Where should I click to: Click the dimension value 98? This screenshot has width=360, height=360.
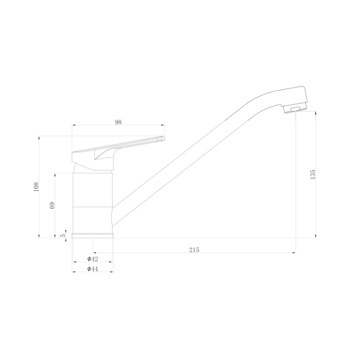click(x=118, y=122)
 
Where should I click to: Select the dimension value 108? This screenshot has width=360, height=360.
click(x=36, y=187)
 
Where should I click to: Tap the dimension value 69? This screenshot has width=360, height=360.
click(x=52, y=205)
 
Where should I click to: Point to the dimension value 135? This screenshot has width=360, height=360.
click(x=313, y=175)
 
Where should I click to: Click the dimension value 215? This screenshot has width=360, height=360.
click(x=194, y=250)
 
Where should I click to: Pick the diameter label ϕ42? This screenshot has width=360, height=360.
click(x=93, y=259)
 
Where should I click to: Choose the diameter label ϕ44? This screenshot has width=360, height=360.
click(x=93, y=269)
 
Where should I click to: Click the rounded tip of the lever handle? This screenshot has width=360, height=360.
click(x=163, y=138)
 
